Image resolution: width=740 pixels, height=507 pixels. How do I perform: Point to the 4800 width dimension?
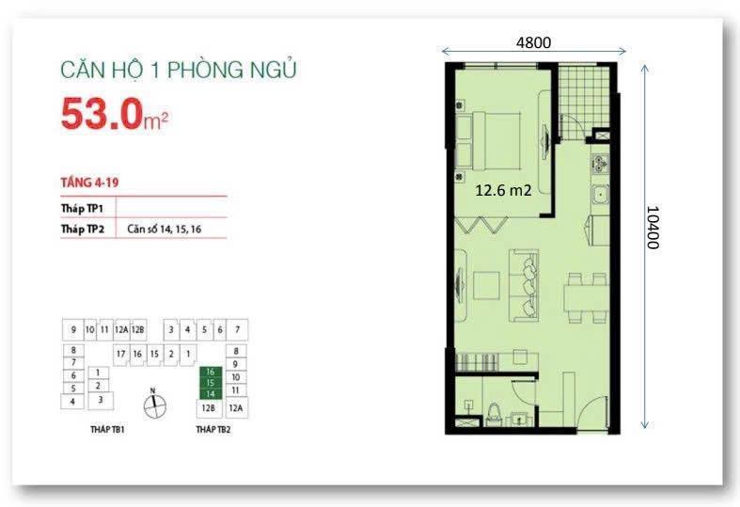click(532, 41)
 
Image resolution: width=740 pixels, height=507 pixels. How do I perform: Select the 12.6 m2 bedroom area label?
click(504, 189)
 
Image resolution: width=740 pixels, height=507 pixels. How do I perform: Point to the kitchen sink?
click(598, 196)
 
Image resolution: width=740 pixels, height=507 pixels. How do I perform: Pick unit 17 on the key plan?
click(121, 353)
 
